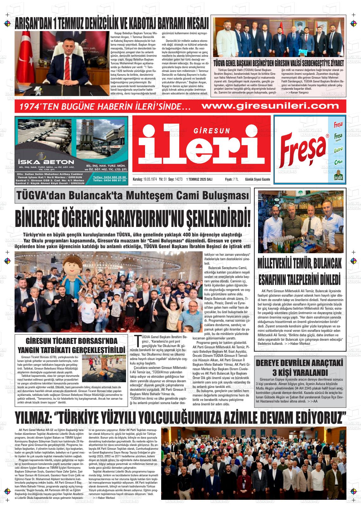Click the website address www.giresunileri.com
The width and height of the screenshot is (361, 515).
point(266,106)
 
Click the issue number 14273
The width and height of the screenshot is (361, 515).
point(178,179)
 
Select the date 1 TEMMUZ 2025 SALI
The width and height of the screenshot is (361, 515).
point(199,179)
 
